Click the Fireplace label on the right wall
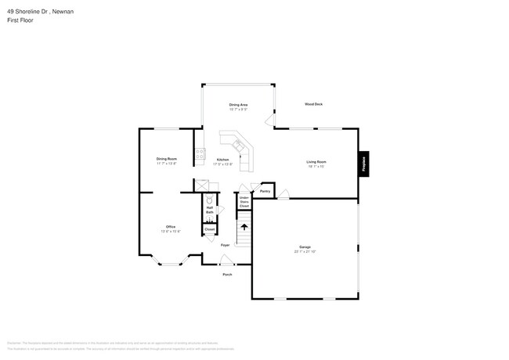tap(365, 164)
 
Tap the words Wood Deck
tap(313, 104)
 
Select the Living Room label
tap(316, 161)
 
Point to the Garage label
tap(305, 247)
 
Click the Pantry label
tap(265, 191)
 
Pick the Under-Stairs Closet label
tap(244, 202)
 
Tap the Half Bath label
tap(210, 210)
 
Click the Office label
tap(170, 226)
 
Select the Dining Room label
tap(166, 159)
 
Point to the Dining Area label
tap(238, 104)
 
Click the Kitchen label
tap(223, 160)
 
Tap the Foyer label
tap(225, 245)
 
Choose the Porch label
tap(227, 275)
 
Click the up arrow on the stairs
tap(244, 227)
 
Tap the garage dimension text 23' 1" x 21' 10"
tap(305, 252)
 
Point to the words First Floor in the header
tap(21, 20)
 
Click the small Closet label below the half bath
tap(209, 229)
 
